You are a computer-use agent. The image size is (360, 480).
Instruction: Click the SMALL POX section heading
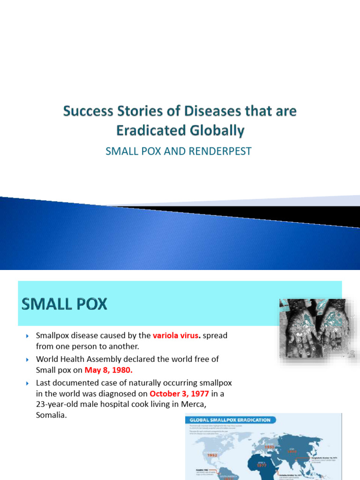coord(65,305)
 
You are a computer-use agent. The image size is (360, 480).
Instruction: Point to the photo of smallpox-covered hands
coord(317,328)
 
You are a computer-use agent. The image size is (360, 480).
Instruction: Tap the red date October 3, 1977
coord(179,393)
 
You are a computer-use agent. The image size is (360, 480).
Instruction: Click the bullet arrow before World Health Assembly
coord(27,359)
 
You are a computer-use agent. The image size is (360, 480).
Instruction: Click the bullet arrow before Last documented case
coord(27,382)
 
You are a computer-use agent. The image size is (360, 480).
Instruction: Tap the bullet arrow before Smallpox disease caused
coord(27,336)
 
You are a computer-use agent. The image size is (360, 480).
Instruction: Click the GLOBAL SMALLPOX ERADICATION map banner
coord(230,420)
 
